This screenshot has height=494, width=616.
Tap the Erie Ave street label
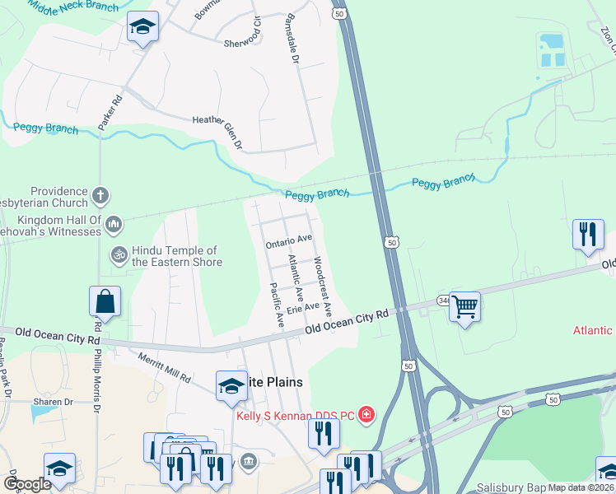(x=304, y=307)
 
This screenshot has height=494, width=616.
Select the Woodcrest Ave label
(x=322, y=287)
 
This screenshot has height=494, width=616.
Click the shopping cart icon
(x=465, y=307)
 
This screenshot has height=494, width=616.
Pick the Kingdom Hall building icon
(x=114, y=222)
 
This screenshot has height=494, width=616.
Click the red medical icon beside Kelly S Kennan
(x=365, y=414)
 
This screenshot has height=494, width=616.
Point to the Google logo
(x=28, y=484)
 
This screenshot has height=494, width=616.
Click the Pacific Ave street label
(x=277, y=305)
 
